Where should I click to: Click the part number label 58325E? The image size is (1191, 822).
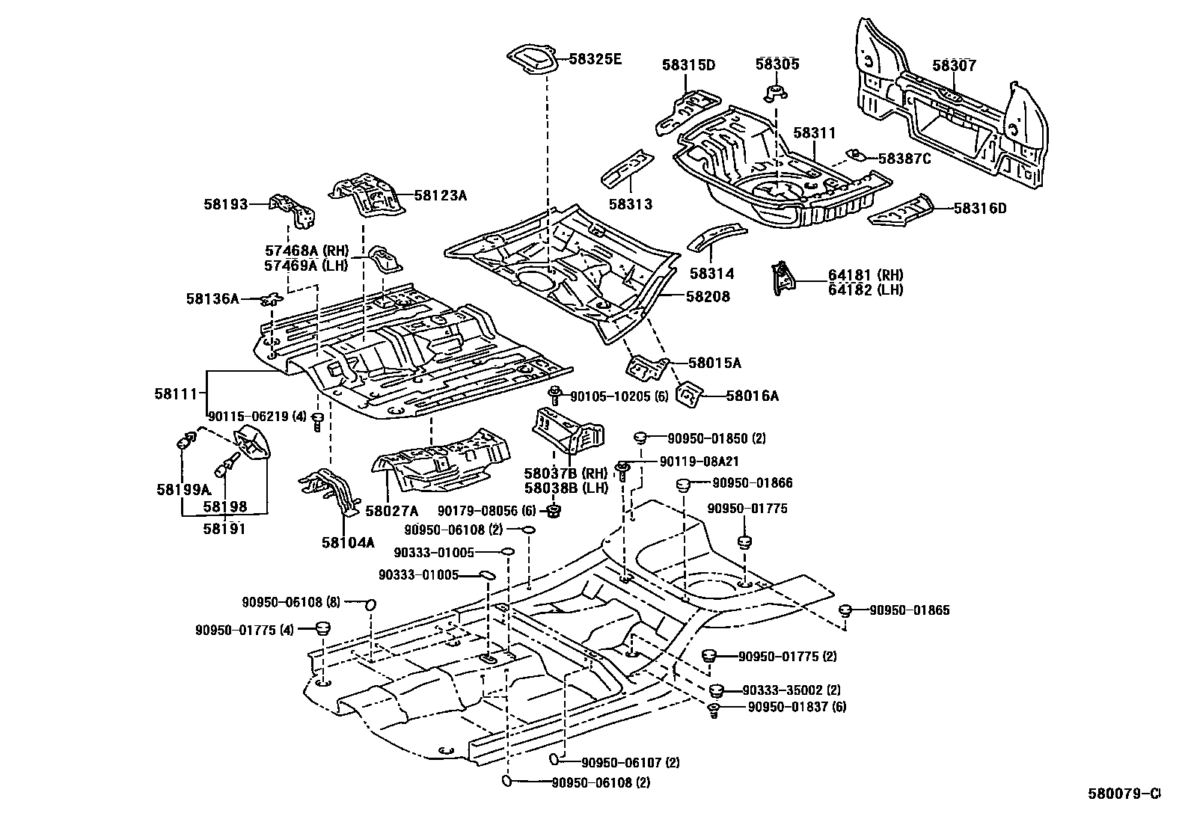(595, 58)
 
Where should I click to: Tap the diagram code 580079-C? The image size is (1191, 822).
(1124, 809)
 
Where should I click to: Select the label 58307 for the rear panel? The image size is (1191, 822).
(954, 65)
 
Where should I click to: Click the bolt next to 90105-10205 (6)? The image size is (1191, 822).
(554, 394)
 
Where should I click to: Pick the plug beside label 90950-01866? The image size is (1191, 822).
(683, 485)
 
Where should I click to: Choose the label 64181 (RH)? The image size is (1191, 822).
(866, 275)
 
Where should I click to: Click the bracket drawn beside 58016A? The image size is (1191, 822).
(689, 394)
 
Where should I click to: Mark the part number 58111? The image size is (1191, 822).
(176, 393)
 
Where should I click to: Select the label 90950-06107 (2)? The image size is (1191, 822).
(631, 762)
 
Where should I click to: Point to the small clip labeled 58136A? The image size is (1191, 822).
(272, 300)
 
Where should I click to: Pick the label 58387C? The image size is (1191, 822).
(904, 159)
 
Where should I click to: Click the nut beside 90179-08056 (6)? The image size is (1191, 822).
(554, 511)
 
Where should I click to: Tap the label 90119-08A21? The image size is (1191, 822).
(699, 461)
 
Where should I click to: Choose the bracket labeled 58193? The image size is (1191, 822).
(293, 211)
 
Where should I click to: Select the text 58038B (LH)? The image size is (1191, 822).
(566, 488)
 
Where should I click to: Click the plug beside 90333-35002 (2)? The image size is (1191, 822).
(717, 690)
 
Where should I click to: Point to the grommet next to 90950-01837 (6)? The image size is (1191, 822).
(714, 710)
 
